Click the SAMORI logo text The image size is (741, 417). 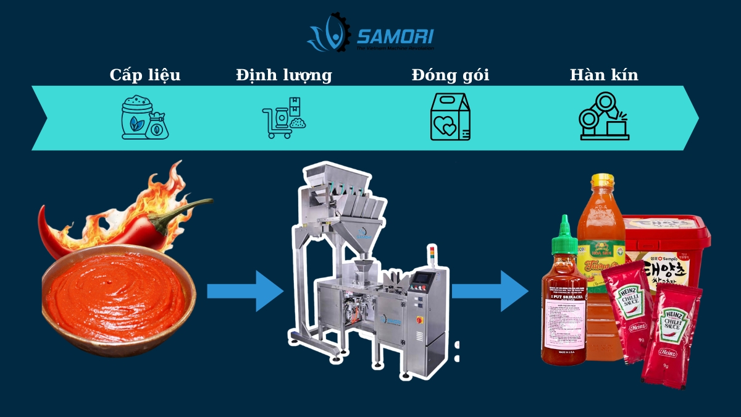click(x=395, y=35)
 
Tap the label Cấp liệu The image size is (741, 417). click(x=145, y=75)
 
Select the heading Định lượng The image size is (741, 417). click(x=283, y=75)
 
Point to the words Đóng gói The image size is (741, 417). click(x=450, y=75)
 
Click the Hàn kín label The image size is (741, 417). click(x=603, y=75)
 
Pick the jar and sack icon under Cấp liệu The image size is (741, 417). click(x=144, y=117)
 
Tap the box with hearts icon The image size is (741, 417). click(x=450, y=117)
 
